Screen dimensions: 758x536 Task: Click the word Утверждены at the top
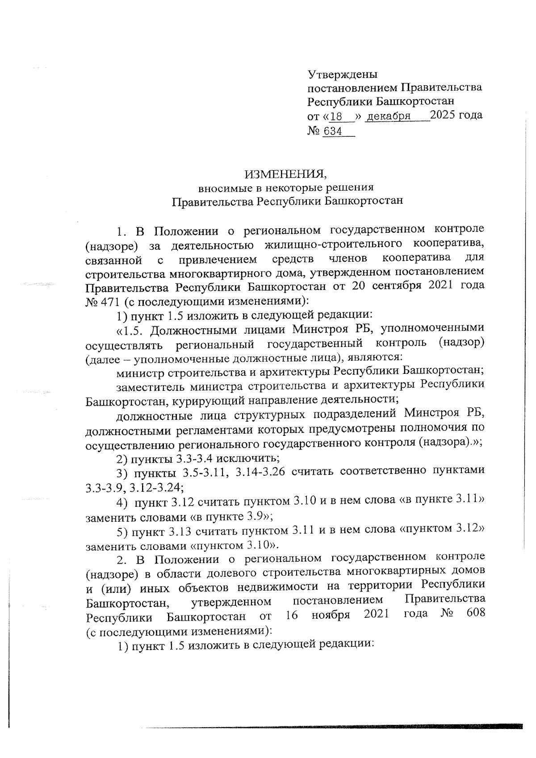point(343,74)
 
